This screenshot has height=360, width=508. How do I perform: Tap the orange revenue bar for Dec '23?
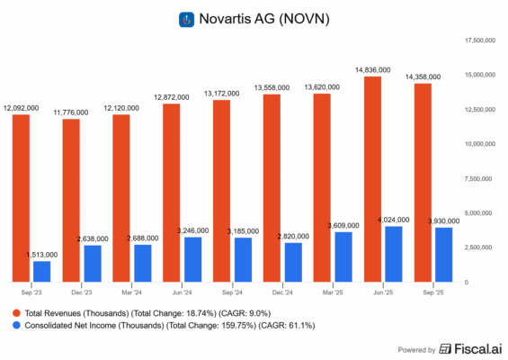tap(72, 199)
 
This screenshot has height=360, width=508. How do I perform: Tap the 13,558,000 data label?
tap(271, 87)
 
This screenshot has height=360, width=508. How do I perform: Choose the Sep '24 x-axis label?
tap(231, 292)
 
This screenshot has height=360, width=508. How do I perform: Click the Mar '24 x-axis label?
tap(131, 292)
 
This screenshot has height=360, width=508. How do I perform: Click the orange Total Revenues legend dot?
tap(16, 311)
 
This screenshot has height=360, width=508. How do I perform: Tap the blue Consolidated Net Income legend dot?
tap(16, 325)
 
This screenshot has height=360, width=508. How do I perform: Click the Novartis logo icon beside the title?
tap(187, 18)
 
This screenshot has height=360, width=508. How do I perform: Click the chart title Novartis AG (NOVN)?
tap(262, 18)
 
